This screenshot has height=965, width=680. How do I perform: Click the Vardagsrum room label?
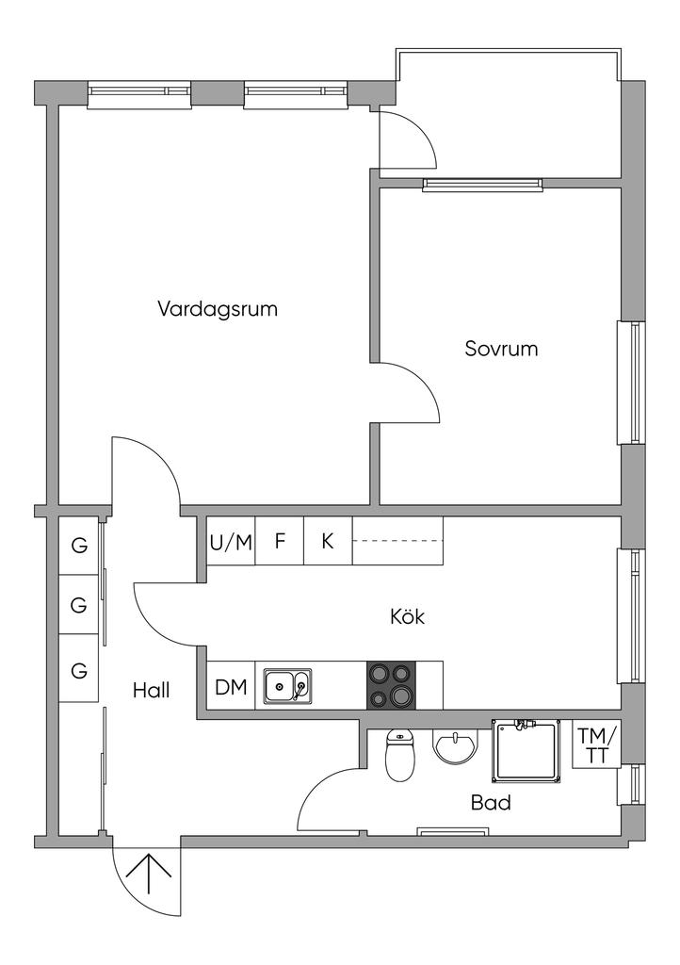click(218, 309)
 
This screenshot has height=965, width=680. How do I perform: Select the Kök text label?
click(407, 617)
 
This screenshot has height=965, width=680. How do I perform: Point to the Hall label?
click(151, 691)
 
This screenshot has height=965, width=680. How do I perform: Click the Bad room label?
click(491, 803)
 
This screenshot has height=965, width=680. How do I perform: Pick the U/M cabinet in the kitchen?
click(231, 542)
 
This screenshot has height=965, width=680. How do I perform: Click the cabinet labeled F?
click(280, 542)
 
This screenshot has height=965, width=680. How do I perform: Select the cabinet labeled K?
click(328, 542)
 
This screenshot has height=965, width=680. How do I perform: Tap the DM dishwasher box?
click(231, 687)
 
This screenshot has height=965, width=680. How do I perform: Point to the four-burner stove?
click(391, 685)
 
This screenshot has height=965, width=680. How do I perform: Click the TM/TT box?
click(597, 745)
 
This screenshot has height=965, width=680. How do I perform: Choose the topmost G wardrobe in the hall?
click(79, 546)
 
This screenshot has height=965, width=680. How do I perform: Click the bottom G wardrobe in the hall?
click(79, 671)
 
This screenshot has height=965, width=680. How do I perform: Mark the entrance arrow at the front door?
click(149, 877)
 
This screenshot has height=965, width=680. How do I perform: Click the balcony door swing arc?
click(414, 141)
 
